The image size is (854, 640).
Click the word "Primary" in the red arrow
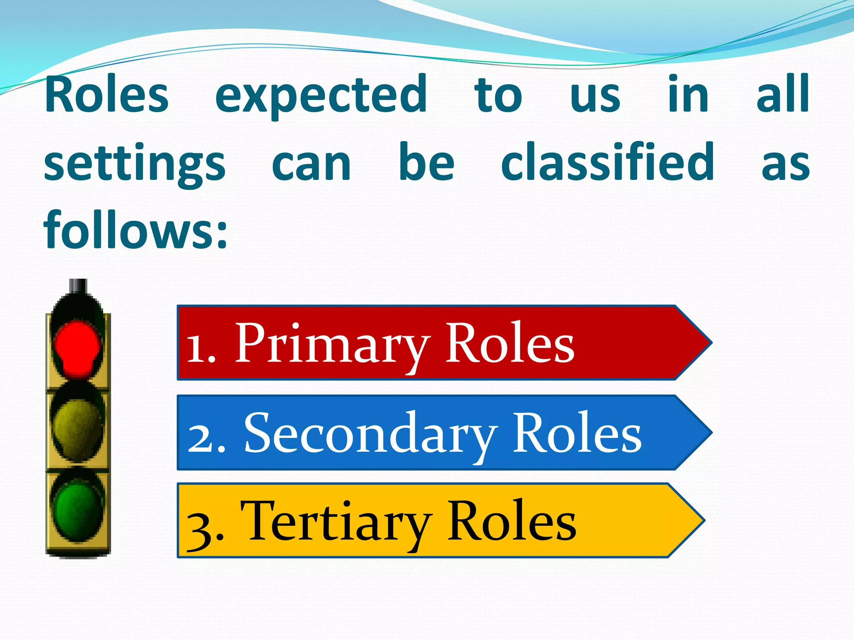(332, 345)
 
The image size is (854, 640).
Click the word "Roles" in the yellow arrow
(512, 522)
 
